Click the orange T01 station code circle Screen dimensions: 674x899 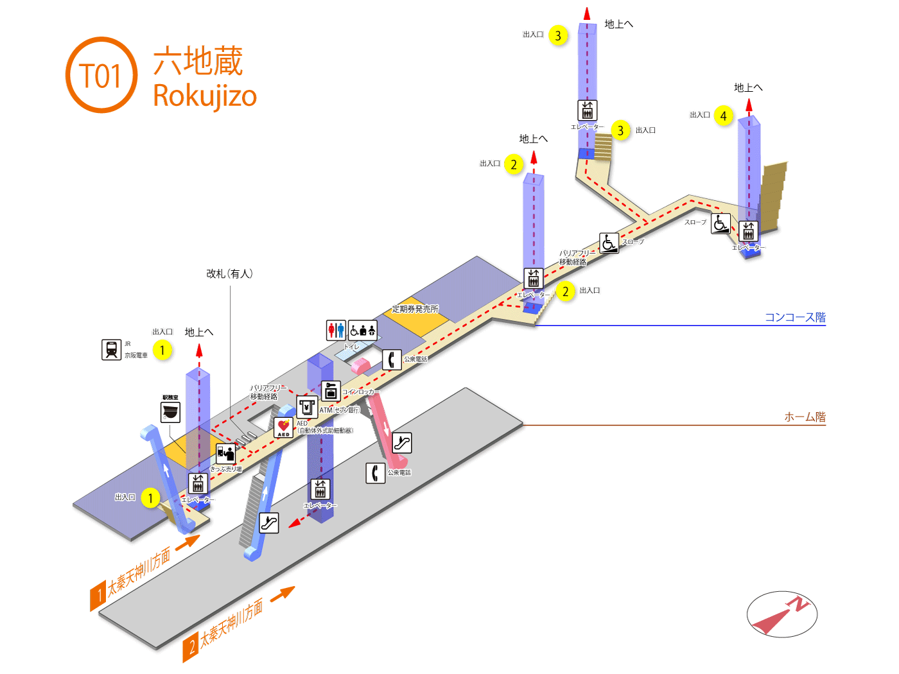click(101, 75)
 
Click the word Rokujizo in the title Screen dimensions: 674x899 click(205, 96)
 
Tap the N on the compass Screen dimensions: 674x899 click(799, 603)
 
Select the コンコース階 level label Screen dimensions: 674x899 click(795, 317)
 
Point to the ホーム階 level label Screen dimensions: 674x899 click(805, 417)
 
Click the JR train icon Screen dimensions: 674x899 click(111, 350)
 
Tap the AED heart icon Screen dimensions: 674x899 click(283, 427)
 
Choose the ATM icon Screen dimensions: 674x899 click(307, 407)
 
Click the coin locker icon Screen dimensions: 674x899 click(331, 390)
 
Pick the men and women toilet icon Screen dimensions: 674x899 click(336, 330)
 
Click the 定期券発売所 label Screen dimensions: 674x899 click(415, 309)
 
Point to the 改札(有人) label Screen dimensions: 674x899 click(229, 273)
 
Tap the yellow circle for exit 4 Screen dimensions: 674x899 click(724, 116)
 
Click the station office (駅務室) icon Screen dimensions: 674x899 click(170, 412)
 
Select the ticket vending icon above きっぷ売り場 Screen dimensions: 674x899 click(225, 454)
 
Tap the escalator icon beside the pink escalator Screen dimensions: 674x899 click(402, 442)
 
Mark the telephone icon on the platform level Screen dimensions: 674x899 click(375, 473)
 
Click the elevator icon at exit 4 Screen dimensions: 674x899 click(748, 231)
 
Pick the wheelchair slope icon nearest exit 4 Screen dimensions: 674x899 click(720, 223)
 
